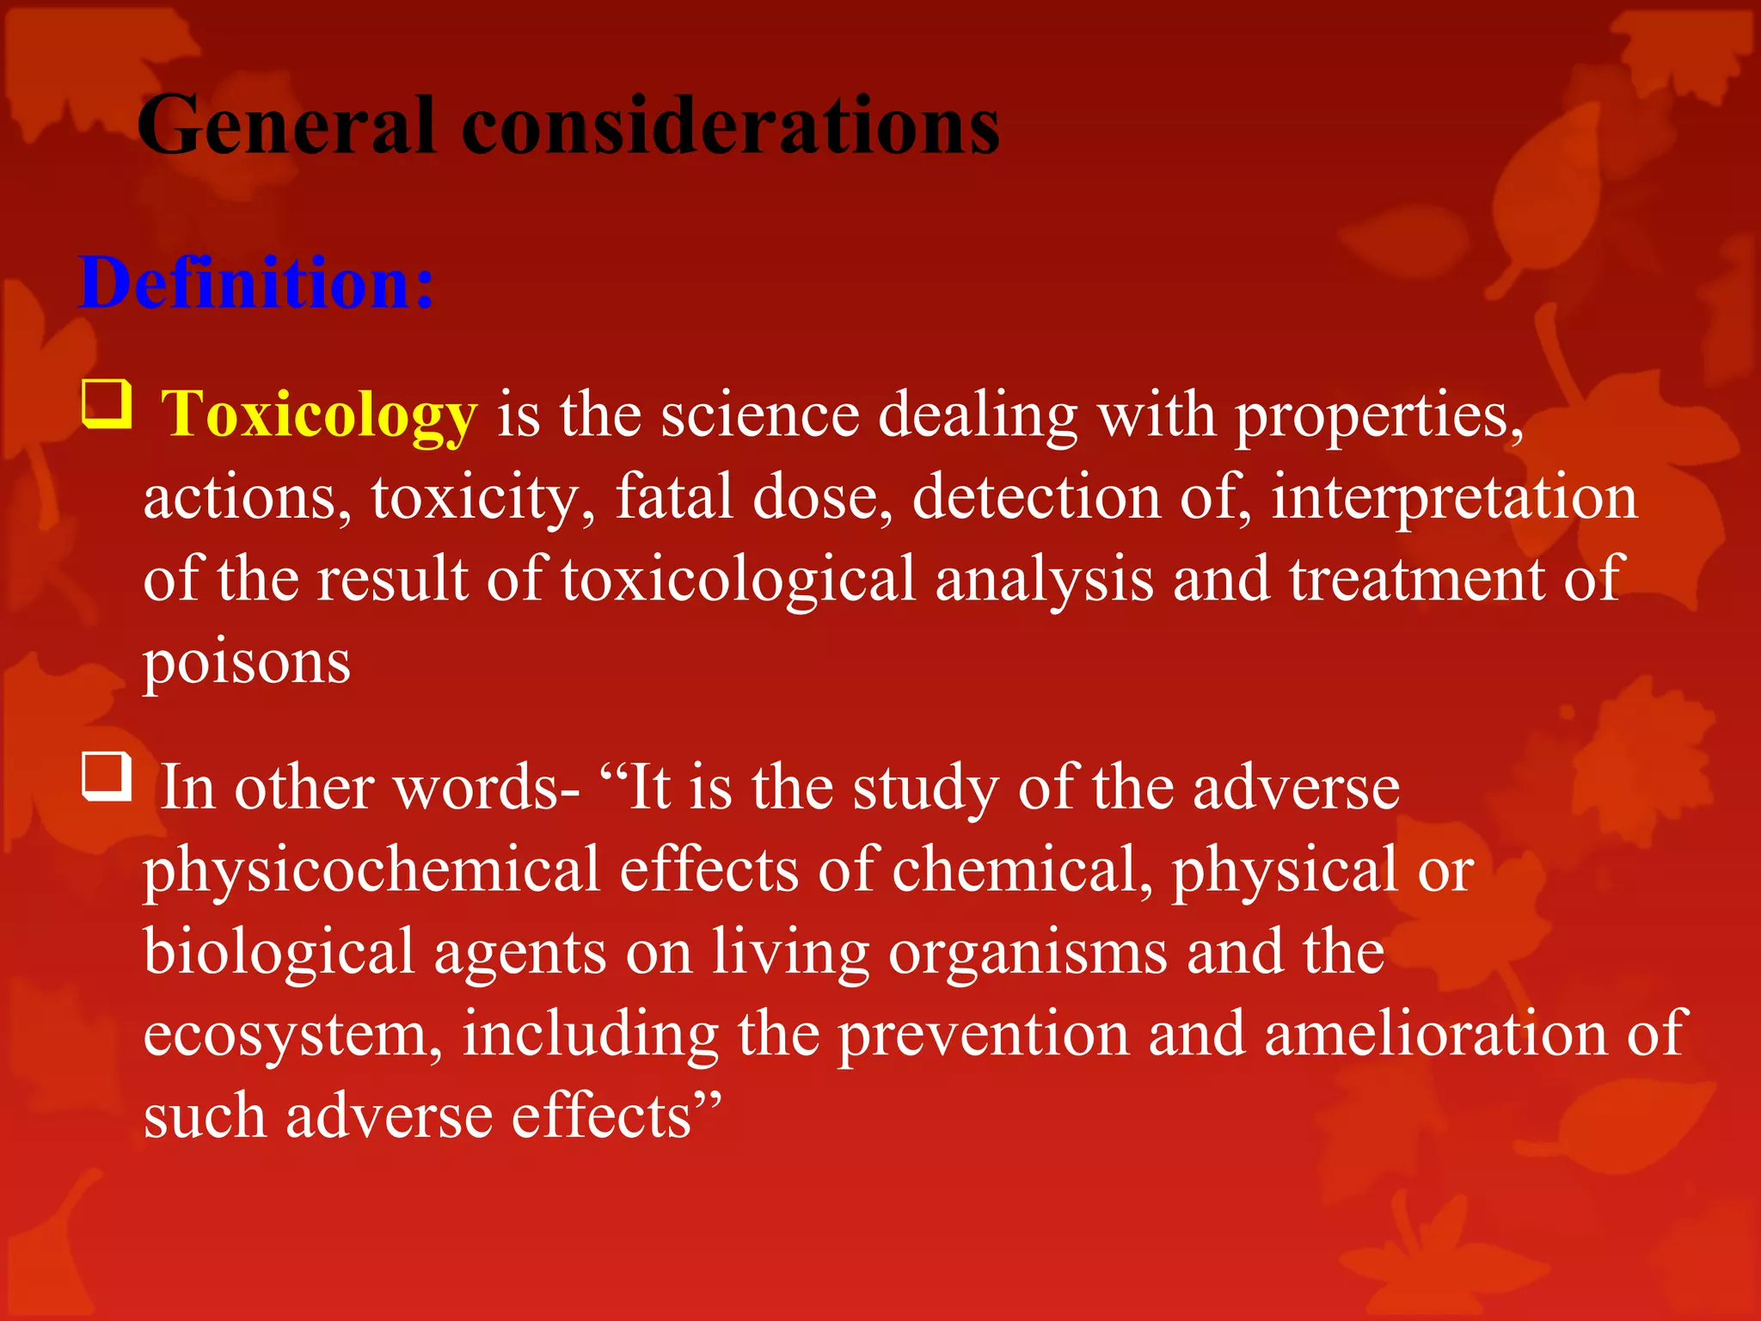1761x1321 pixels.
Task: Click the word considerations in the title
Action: [730, 126]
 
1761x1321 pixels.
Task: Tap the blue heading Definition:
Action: [256, 283]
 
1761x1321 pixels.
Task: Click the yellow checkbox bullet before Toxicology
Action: [107, 404]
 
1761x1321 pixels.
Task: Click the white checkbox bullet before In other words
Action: [107, 776]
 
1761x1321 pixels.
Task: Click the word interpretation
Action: [1454, 497]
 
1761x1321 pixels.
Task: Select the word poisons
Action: [247, 663]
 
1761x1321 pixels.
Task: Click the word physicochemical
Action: [371, 869]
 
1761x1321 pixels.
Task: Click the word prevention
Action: [983, 1034]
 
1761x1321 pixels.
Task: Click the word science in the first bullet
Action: [760, 415]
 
